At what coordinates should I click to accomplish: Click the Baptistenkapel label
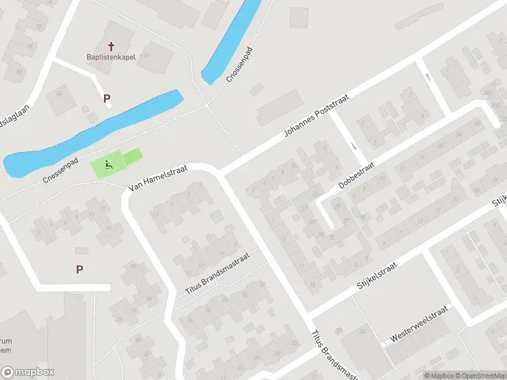click(x=112, y=56)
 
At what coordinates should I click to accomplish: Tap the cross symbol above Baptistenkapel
click(x=112, y=46)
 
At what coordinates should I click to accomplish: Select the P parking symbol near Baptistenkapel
click(x=107, y=98)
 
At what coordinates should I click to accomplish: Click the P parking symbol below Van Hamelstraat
click(x=79, y=269)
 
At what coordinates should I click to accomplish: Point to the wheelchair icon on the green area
click(x=108, y=166)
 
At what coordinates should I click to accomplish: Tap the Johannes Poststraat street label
click(x=316, y=114)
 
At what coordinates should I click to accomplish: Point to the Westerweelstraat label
click(x=419, y=325)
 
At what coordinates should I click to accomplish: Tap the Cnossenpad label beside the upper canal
click(x=240, y=66)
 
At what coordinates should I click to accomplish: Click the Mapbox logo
click(x=28, y=372)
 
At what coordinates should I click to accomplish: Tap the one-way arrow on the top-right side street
click(x=428, y=77)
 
